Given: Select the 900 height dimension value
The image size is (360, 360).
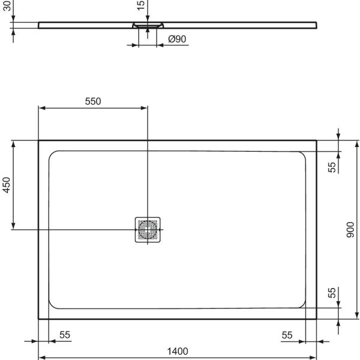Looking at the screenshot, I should pyautogui.click(x=350, y=229).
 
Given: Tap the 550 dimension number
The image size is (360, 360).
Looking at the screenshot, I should pyautogui.click(x=92, y=101).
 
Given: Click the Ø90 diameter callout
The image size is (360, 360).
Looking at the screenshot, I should pyautogui.click(x=177, y=39).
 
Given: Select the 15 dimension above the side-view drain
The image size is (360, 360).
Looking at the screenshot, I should pyautogui.click(x=140, y=6).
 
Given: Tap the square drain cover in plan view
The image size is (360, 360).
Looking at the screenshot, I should pyautogui.click(x=148, y=229).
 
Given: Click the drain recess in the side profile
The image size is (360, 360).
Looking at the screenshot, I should pyautogui.click(x=148, y=26).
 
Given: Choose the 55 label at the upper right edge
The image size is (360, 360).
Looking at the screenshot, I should pyautogui.click(x=332, y=167).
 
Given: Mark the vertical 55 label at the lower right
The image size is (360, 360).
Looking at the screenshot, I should pyautogui.click(x=332, y=293).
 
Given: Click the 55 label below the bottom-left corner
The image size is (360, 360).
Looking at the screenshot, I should pyautogui.click(x=65, y=335).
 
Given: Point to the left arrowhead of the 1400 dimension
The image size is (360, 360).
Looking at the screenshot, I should pyautogui.click(x=41, y=358).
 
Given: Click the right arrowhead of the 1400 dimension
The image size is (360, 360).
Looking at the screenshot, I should pyautogui.click(x=314, y=358).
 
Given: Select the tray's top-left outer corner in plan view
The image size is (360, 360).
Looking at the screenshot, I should pyautogui.click(x=39, y=141).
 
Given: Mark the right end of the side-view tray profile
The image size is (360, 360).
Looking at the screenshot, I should pyautogui.click(x=316, y=25).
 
